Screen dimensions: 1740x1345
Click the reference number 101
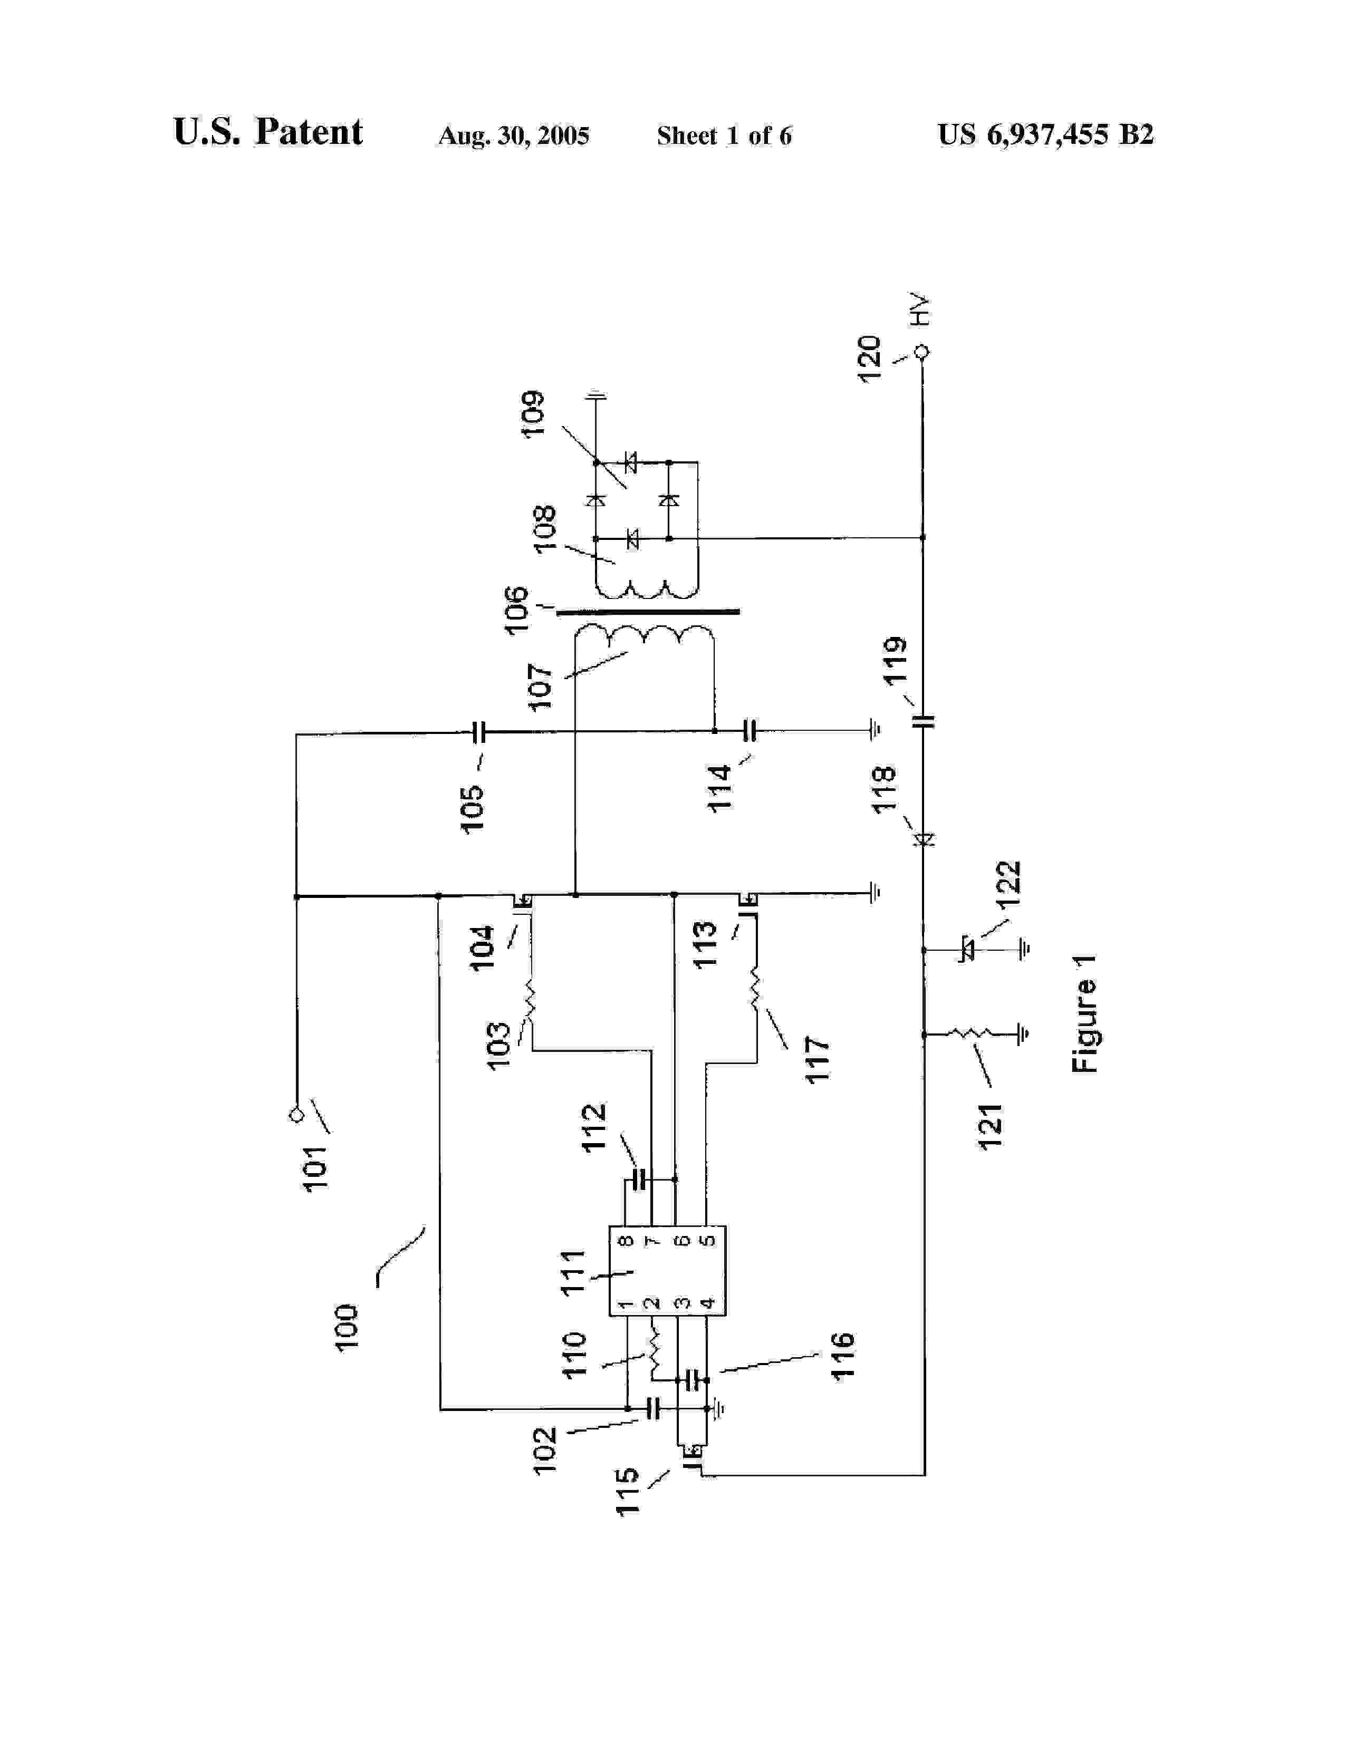click(x=315, y=1167)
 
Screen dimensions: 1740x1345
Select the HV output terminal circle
click(x=923, y=351)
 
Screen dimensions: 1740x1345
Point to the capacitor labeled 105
click(x=478, y=732)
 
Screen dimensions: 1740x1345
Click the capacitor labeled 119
click(x=923, y=722)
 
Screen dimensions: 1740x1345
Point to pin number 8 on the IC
click(x=626, y=1241)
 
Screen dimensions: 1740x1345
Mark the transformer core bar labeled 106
click(x=647, y=612)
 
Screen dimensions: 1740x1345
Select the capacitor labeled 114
click(x=749, y=730)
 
